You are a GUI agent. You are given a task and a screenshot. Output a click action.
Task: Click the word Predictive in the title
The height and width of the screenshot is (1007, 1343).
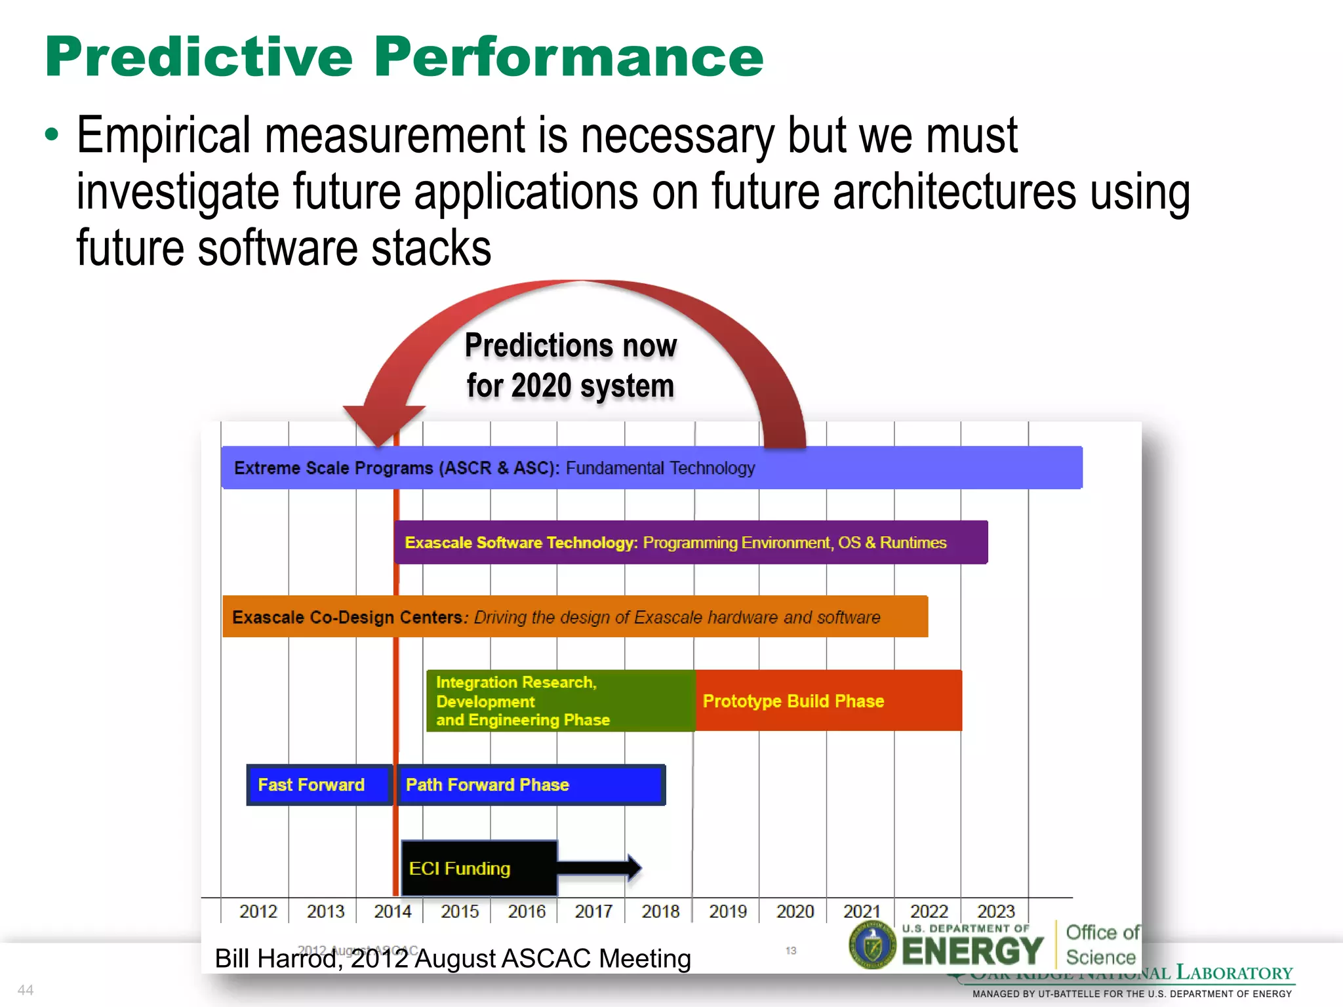click(x=199, y=58)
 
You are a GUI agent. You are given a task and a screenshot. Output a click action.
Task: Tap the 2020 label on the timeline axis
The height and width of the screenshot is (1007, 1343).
click(x=795, y=911)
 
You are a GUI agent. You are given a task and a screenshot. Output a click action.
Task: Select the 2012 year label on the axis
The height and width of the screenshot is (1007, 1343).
click(x=258, y=911)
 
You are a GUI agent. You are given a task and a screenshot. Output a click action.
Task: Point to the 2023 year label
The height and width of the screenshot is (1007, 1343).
click(x=995, y=911)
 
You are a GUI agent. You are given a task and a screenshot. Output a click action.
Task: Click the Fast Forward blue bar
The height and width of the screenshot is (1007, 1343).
click(x=319, y=785)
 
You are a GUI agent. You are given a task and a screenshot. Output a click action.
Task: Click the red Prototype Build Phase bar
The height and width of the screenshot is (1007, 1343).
click(x=828, y=701)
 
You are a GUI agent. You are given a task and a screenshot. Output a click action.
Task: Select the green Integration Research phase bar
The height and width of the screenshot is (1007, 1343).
click(x=560, y=701)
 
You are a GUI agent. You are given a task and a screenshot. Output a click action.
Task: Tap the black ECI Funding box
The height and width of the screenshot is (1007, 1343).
click(x=479, y=868)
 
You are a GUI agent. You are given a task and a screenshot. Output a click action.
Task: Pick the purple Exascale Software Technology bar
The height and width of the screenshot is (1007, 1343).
click(x=690, y=542)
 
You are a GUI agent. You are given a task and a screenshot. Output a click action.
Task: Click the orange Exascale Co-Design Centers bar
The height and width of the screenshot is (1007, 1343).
click(x=574, y=617)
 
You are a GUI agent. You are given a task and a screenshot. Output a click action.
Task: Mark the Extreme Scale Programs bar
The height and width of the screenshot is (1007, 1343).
click(x=651, y=467)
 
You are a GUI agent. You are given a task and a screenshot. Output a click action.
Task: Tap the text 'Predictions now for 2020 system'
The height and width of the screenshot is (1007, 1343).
click(x=571, y=365)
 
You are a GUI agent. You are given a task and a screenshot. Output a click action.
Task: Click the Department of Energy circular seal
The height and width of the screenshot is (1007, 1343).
click(x=872, y=945)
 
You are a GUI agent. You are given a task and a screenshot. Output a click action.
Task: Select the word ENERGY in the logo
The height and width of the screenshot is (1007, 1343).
click(x=972, y=951)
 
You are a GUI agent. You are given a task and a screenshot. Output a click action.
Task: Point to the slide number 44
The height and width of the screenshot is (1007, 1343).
click(x=26, y=989)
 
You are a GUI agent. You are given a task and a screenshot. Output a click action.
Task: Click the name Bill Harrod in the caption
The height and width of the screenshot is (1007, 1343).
click(x=275, y=959)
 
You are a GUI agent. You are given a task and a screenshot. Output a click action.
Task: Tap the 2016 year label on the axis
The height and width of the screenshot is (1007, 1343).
click(x=526, y=911)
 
